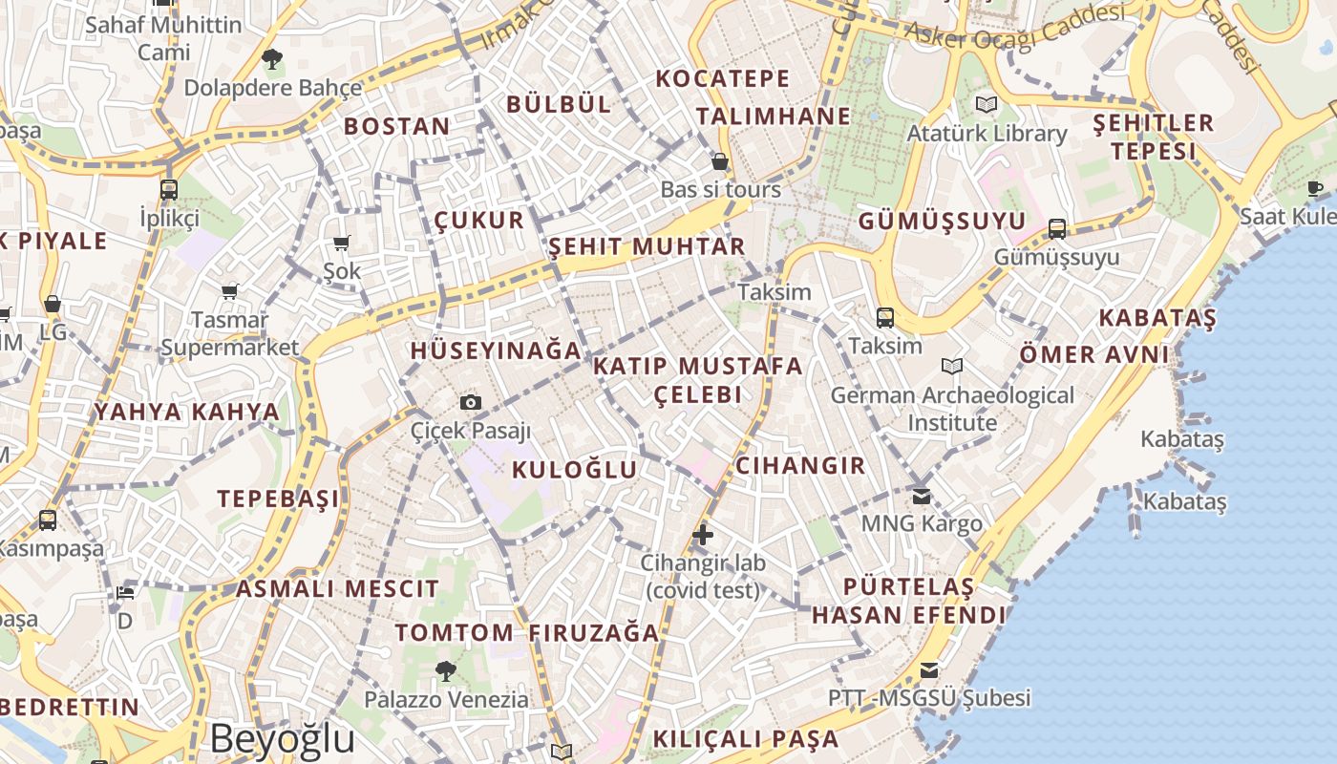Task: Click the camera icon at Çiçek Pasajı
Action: (470, 403)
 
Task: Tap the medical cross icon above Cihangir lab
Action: (702, 534)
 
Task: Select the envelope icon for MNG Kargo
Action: (921, 496)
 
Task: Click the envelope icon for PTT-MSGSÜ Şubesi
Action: (928, 669)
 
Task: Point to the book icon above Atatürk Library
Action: (986, 104)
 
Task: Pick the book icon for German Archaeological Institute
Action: (951, 366)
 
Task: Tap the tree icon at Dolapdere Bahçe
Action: (272, 59)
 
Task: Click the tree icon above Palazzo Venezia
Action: (445, 670)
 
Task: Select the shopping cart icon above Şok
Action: (341, 243)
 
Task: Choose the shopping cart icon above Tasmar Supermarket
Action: (229, 290)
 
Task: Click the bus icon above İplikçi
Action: (169, 189)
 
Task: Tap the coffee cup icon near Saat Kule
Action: (1315, 188)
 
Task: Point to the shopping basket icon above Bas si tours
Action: (720, 161)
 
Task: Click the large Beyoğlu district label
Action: (283, 738)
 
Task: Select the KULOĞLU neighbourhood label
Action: (574, 469)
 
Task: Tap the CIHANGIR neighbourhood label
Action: (800, 466)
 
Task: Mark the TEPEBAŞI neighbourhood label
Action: (278, 499)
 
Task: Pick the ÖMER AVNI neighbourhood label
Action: (1094, 354)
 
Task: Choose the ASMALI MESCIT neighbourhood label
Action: (337, 588)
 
